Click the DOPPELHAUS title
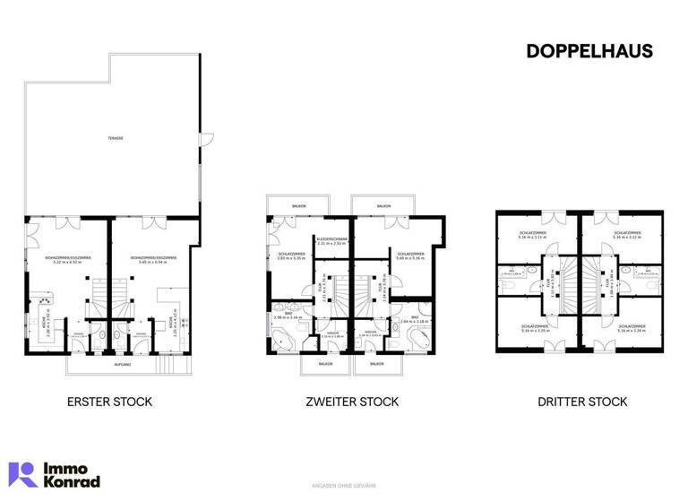click(x=589, y=52)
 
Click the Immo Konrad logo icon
click(x=22, y=474)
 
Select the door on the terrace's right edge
click(x=205, y=138)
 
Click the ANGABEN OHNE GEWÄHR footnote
click(x=343, y=487)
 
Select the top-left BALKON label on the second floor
click(x=298, y=206)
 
